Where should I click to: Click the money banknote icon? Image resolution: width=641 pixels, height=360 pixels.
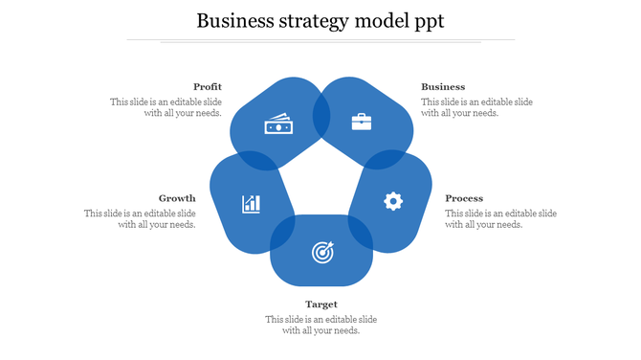pos(276,125)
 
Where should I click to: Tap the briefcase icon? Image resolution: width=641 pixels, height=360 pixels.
pos(362,122)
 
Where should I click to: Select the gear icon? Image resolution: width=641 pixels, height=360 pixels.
pos(392,201)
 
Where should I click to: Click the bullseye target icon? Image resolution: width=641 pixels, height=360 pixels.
pos(321,252)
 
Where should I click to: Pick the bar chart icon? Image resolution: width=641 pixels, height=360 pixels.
pos(252,203)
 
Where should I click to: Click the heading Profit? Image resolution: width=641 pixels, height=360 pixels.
pos(208,87)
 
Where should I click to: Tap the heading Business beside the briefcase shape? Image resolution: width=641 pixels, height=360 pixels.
pos(443,87)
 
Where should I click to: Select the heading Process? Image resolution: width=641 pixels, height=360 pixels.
pos(464,199)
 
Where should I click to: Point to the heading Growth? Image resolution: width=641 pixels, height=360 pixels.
pos(177,199)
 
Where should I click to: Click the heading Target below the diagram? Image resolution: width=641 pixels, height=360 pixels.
pos(321,304)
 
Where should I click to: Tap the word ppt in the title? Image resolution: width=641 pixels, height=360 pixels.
pos(427,22)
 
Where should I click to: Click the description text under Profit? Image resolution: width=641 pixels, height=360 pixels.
pos(167,107)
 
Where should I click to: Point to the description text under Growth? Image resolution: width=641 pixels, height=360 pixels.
pos(141,219)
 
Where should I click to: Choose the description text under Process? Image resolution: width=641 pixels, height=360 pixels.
pos(500,219)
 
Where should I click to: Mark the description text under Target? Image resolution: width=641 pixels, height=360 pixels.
pos(321,325)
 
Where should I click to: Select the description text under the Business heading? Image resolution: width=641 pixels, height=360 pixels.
pos(476,107)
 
